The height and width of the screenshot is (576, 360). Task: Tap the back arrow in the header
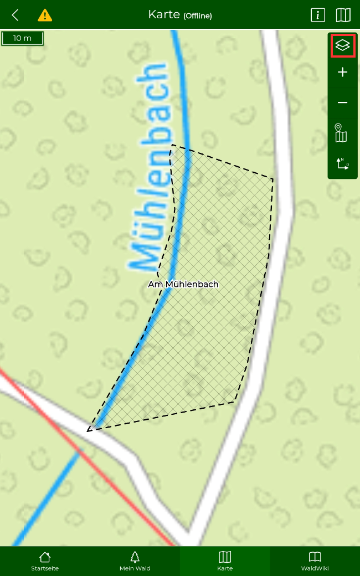pos(16,15)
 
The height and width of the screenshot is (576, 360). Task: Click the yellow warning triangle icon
pos(45,15)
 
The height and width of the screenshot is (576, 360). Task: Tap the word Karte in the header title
pos(164,14)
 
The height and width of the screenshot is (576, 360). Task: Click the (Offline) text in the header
pos(198,16)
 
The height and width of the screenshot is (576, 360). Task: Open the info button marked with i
pos(317,15)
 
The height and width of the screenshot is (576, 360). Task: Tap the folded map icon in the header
pos(343,15)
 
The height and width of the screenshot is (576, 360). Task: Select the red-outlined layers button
pos(343,45)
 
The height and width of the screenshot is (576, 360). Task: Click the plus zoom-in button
pos(343,72)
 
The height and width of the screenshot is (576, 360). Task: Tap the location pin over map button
pos(341,133)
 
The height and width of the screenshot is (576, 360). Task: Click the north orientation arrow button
pos(342,163)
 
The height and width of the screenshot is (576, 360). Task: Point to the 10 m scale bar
pos(22,38)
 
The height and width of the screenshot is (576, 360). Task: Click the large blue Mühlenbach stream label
pos(150,166)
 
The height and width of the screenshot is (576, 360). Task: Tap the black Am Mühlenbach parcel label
pos(183,284)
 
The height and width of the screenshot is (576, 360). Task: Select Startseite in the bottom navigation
pos(45,561)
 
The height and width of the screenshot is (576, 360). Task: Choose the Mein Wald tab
pos(135,561)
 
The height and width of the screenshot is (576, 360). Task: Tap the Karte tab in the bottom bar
pos(225,561)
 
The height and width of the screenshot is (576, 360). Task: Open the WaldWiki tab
pos(315,561)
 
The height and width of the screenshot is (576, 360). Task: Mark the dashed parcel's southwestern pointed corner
pos(88,430)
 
